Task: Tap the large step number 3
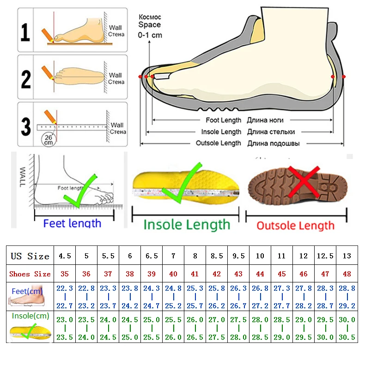26,126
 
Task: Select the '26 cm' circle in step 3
48,139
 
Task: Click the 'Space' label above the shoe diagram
149,25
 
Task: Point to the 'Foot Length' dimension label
224,120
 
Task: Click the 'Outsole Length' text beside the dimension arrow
218,143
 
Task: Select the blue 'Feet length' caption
72,223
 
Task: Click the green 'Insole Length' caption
187,225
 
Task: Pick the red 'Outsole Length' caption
295,226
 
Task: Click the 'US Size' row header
30,256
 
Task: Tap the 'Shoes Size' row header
30,274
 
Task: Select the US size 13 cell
347,256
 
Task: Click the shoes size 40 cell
173,274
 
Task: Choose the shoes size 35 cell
65,274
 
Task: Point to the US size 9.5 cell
238,256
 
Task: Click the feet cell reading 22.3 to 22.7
65,297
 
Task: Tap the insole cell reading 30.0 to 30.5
347,328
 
